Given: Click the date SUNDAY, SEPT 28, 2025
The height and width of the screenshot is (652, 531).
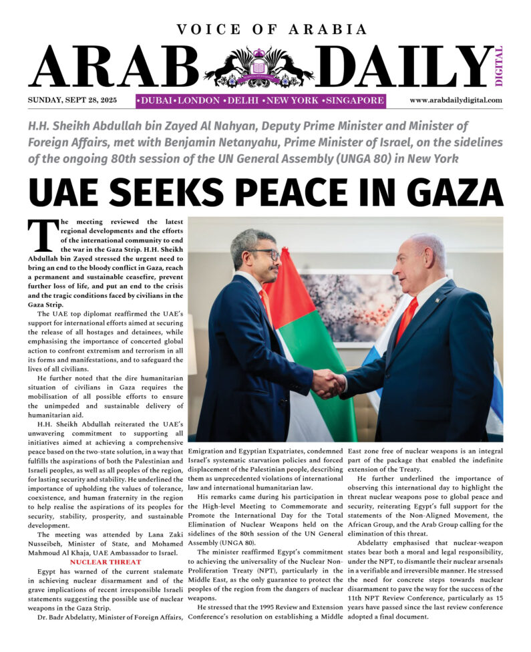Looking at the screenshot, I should pyautogui.click(x=72, y=100).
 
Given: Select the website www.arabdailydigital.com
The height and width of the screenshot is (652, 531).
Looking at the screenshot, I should pyautogui.click(x=456, y=100).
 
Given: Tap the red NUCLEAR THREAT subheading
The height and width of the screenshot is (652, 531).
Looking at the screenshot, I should pyautogui.click(x=106, y=562).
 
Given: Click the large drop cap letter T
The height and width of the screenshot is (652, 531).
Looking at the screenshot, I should pyautogui.click(x=40, y=237).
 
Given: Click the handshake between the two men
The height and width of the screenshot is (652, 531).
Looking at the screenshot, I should pyautogui.click(x=329, y=383).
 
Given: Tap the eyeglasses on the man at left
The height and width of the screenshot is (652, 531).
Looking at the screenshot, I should pyautogui.click(x=265, y=255).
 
